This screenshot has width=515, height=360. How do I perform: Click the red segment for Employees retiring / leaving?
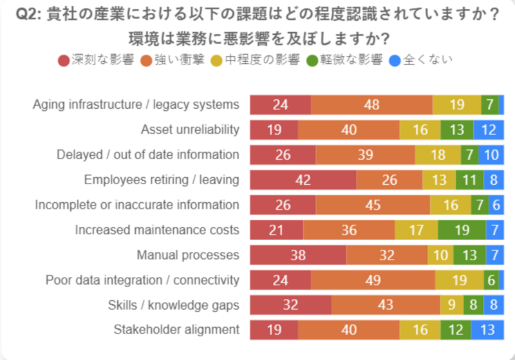coord(303,180)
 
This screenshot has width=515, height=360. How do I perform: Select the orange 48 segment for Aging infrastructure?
coord(371,104)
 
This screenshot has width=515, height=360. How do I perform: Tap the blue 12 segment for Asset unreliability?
coord(488,129)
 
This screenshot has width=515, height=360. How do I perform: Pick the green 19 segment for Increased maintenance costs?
coord(462,230)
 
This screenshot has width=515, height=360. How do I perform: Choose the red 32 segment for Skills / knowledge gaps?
coord(290,305)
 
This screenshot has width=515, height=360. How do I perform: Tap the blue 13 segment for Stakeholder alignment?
coord(487,330)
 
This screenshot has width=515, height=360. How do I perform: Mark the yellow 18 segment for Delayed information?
coord(437,155)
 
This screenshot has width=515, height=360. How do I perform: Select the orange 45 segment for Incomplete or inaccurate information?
coord(372,205)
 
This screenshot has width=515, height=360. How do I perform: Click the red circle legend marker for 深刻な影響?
coord(64,61)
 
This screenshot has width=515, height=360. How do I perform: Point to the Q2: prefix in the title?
coord(28,15)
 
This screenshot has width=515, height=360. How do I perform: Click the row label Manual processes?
coord(188,255)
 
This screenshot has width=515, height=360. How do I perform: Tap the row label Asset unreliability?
coord(190,129)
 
